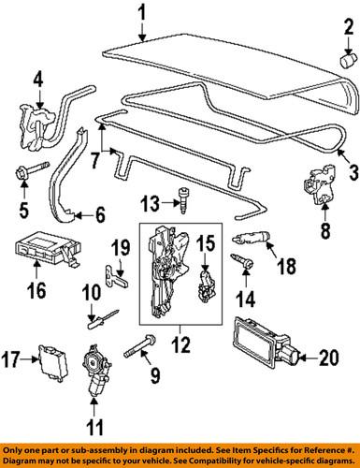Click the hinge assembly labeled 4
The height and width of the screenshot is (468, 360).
[36, 128]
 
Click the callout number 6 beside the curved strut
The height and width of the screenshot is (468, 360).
[100, 214]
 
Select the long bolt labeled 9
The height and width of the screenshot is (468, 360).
[140, 345]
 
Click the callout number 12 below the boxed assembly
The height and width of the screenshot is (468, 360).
[180, 344]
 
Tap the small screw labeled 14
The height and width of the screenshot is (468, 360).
[242, 262]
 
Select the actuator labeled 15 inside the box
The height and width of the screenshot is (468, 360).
[206, 287]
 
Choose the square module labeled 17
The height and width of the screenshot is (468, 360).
[53, 362]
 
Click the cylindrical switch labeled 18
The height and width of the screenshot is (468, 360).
[252, 239]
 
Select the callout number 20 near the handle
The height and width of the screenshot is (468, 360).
[329, 358]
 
